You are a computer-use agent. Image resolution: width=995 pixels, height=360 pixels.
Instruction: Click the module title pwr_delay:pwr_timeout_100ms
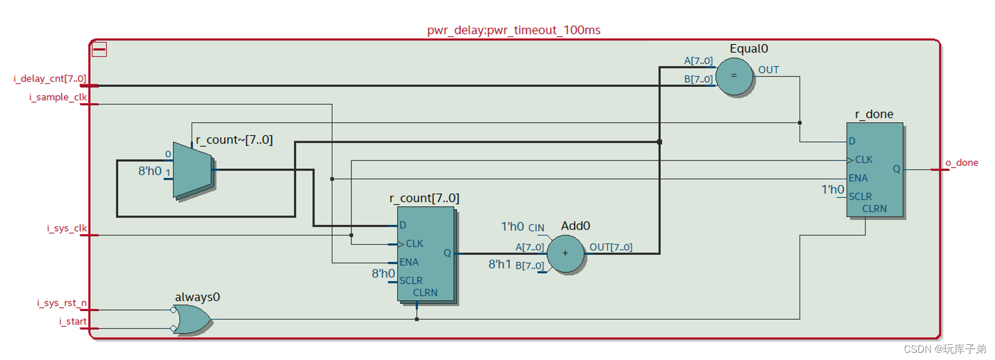click(x=513, y=30)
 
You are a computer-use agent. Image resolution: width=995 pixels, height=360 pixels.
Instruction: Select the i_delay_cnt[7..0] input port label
click(x=50, y=79)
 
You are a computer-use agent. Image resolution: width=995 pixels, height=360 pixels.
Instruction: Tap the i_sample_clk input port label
click(x=58, y=97)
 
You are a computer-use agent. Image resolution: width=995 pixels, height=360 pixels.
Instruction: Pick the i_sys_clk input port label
click(x=67, y=229)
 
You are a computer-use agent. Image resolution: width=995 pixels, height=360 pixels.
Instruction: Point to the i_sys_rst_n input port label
click(x=62, y=303)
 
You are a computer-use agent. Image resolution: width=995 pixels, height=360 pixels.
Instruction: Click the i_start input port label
click(x=72, y=321)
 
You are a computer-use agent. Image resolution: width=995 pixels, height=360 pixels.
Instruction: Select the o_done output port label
click(x=961, y=163)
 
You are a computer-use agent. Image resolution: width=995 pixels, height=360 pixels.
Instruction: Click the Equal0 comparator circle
click(x=734, y=76)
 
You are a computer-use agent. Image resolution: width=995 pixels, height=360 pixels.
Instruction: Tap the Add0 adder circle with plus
click(x=565, y=253)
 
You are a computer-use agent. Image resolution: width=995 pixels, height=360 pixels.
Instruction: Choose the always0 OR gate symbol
click(x=192, y=319)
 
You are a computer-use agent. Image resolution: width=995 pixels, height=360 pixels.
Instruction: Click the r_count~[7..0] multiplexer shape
click(x=192, y=171)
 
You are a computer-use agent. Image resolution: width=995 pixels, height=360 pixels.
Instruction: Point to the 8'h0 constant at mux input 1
click(x=150, y=171)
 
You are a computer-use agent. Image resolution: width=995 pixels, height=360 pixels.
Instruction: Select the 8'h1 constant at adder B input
click(x=499, y=265)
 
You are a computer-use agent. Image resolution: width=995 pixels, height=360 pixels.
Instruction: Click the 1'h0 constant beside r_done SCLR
click(x=832, y=190)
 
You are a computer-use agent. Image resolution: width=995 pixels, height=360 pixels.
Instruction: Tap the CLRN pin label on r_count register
click(x=425, y=293)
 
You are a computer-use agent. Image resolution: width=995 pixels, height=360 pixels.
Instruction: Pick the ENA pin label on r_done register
click(x=858, y=178)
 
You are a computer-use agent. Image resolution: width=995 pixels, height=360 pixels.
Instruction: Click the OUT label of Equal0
click(x=768, y=70)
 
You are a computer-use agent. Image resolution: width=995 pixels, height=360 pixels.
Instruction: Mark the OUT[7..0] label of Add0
click(x=610, y=247)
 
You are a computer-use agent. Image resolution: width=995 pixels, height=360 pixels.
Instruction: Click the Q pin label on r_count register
click(x=447, y=253)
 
